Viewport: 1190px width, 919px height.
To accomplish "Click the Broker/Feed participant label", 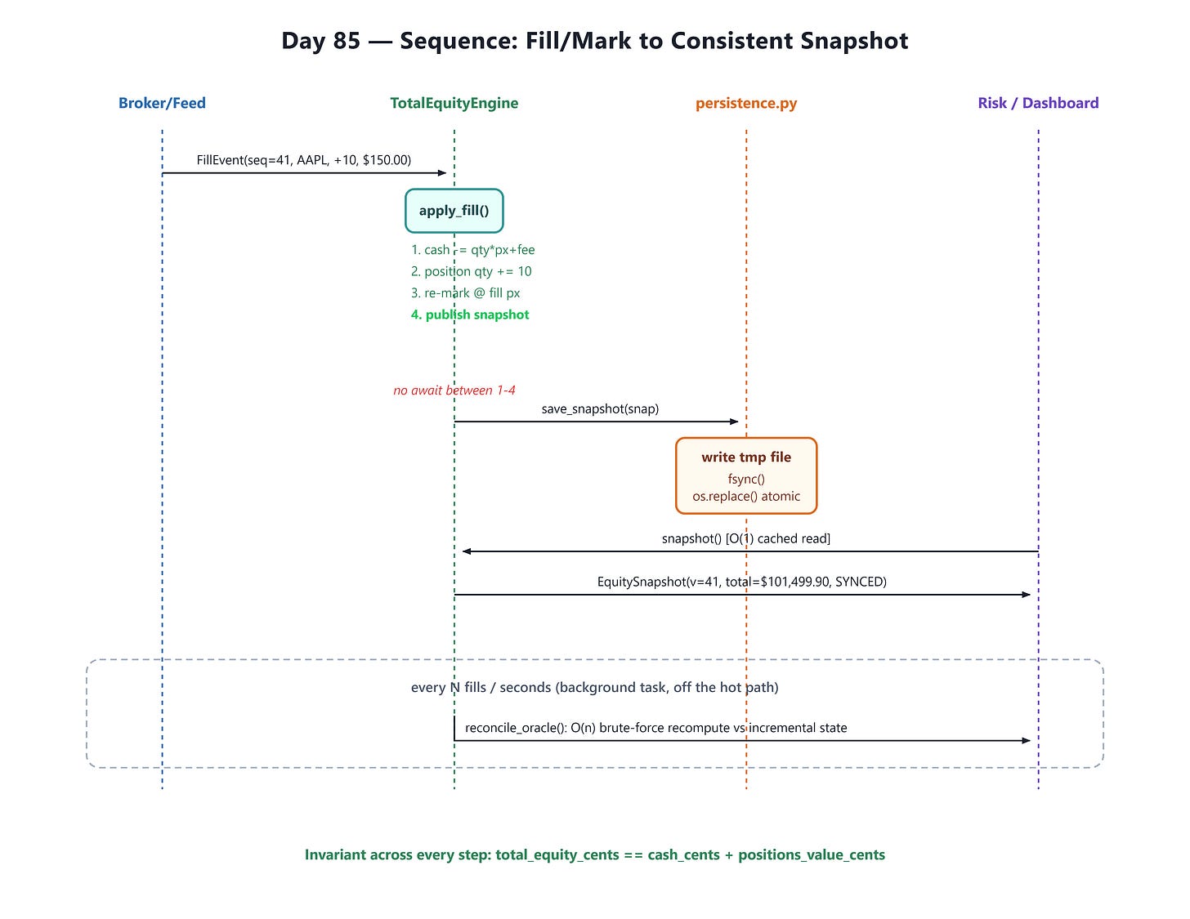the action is [x=162, y=103].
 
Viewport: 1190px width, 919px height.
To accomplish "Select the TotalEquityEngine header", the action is [x=454, y=104].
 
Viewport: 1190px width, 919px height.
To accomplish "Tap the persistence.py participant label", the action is [x=746, y=104].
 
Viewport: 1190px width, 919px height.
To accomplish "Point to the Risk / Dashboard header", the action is [x=1038, y=103].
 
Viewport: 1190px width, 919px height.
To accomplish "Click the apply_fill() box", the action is [x=454, y=211].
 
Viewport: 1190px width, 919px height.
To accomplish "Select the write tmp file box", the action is [x=746, y=475].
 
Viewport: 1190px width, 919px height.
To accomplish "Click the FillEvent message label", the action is [x=303, y=160].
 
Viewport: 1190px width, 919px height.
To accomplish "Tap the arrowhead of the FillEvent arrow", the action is [x=442, y=173].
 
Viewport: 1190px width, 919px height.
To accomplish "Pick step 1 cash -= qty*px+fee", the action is [x=472, y=250].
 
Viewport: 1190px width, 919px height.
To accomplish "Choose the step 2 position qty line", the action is [x=471, y=271].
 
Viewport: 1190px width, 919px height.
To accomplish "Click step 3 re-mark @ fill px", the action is [x=466, y=292].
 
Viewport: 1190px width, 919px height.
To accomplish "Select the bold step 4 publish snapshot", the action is [x=470, y=315].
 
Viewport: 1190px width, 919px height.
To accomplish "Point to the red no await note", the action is [x=454, y=390].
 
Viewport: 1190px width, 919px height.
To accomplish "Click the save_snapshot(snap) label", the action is [x=600, y=409].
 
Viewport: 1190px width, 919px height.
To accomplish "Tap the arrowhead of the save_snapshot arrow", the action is [x=735, y=422].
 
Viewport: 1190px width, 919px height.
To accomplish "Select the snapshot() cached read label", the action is [x=746, y=538].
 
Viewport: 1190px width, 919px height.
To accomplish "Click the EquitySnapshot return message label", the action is [x=741, y=582].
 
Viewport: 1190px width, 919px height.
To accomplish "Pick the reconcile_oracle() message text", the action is [x=655, y=728].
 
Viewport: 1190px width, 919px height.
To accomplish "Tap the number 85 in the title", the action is [x=346, y=41].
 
